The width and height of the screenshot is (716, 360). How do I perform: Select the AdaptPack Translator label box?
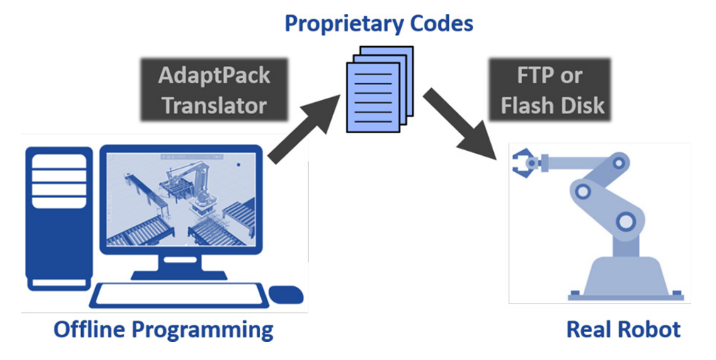[214, 91]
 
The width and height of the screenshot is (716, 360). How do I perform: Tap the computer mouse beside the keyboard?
[286, 295]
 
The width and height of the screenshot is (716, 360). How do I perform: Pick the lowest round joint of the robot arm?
[625, 222]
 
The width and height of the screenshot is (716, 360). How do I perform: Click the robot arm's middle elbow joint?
[583, 191]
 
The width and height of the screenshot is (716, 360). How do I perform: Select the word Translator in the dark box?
[214, 106]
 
